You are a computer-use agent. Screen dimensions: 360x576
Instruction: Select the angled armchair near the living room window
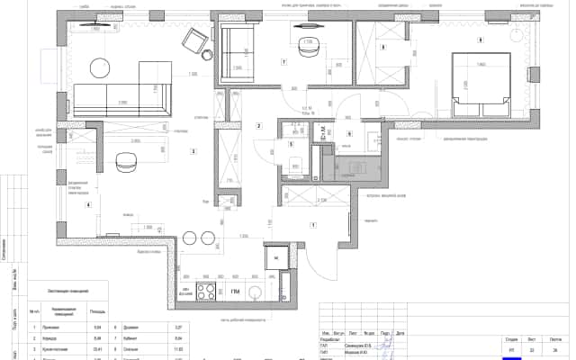point(193,41)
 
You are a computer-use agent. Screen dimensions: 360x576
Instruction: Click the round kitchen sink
point(255,291)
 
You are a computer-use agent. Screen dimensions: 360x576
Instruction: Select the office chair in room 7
point(308,50)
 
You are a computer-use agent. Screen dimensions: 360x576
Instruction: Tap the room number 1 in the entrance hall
point(313,223)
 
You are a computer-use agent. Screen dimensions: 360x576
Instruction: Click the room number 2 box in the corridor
point(258,126)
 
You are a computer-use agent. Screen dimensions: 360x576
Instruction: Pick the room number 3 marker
point(193,151)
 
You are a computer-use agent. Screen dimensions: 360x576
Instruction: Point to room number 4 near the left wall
point(87,205)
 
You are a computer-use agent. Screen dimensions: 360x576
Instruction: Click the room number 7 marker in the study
point(283,62)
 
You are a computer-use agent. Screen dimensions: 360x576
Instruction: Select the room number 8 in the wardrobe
point(382,46)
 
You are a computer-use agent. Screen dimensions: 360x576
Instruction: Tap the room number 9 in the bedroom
point(481,40)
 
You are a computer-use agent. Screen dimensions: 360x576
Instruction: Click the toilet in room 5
point(294,164)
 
